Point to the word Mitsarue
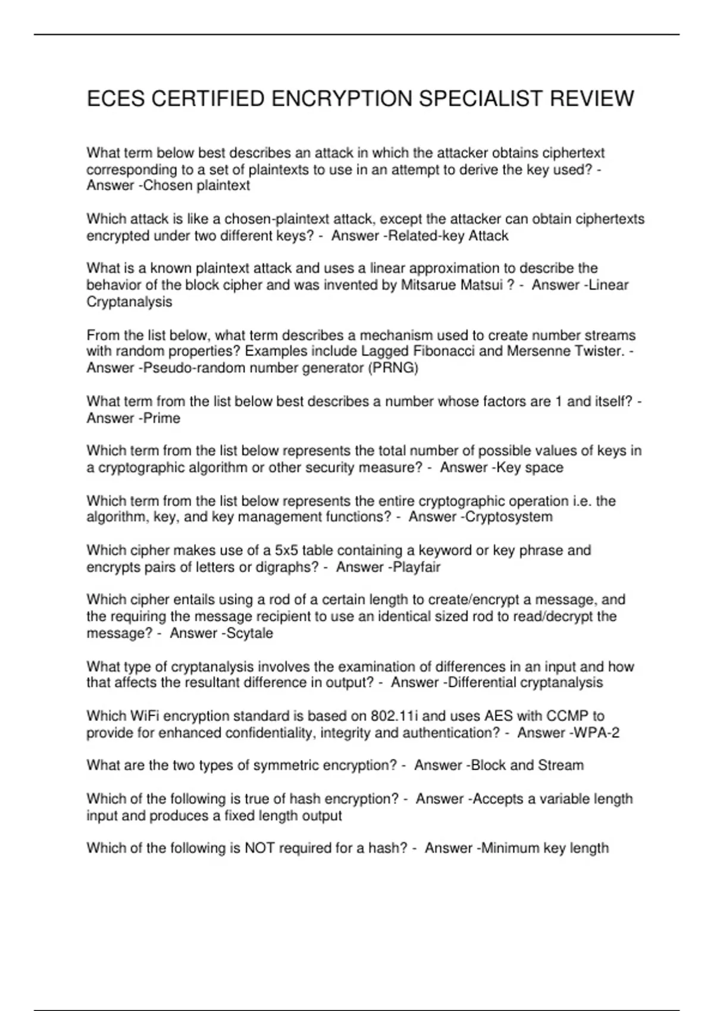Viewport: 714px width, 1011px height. tap(428, 285)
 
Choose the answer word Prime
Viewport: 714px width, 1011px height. tap(162, 418)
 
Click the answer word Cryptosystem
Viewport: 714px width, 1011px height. tap(509, 517)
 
